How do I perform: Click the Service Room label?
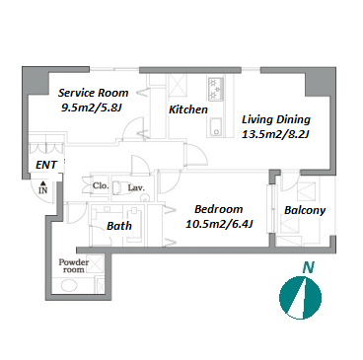coord(93,93)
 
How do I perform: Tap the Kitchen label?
coord(188,109)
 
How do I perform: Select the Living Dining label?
coord(276,119)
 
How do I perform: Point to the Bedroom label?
coord(219,209)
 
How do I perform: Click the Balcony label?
coord(305,210)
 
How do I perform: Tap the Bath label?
coord(119,226)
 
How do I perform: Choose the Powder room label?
coord(74,266)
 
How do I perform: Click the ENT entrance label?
coord(46,165)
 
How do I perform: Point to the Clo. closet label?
coord(101,185)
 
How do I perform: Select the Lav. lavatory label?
coord(136,188)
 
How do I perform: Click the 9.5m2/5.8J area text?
coord(92,108)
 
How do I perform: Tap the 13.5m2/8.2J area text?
coord(275,134)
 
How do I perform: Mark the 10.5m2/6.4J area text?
coord(219,224)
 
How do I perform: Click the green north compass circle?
coord(300,298)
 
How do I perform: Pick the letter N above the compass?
coord(309,267)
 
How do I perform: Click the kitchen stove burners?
coord(215,89)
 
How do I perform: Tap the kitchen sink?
coord(215,127)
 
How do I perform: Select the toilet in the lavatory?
coord(119,188)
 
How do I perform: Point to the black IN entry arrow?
coord(42,184)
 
